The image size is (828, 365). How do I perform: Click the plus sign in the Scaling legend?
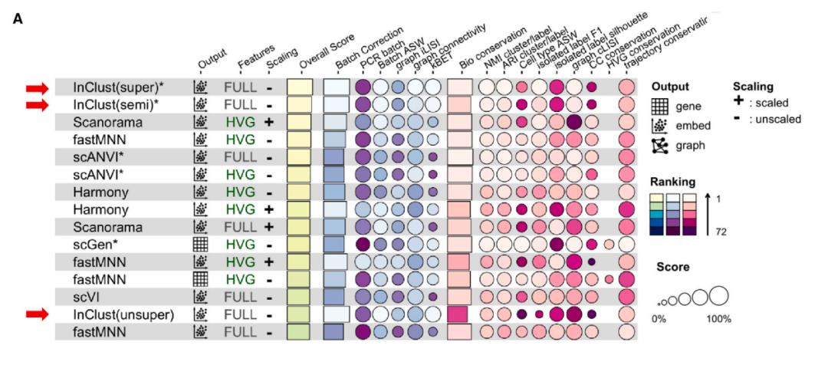click(x=738, y=102)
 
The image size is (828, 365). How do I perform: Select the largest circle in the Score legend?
click(x=718, y=295)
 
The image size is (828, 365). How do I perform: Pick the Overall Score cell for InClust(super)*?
click(x=299, y=87)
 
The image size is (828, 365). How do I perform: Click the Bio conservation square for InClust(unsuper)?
click(x=458, y=314)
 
